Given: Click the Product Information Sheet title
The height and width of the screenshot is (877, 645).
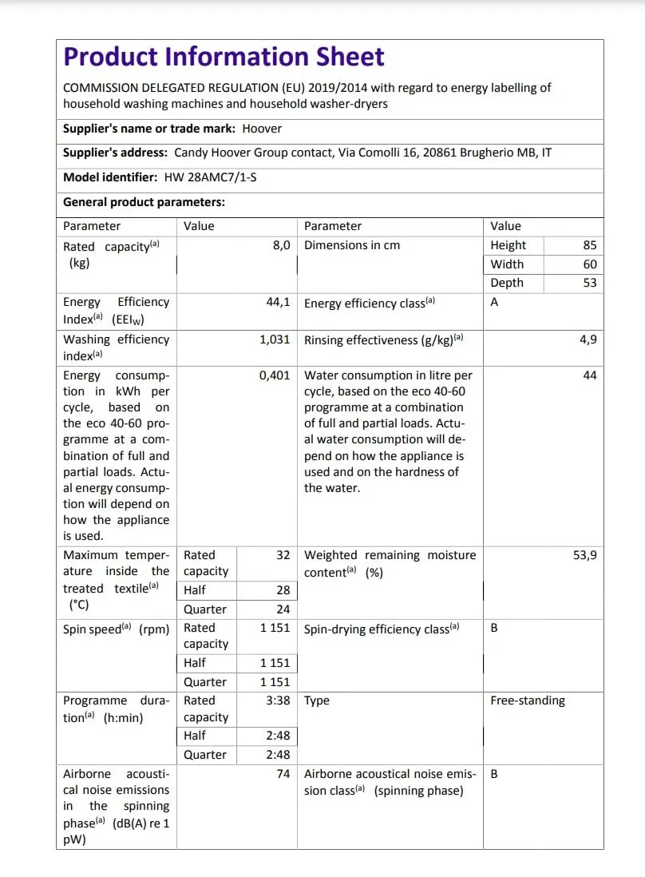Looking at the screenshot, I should pyautogui.click(x=224, y=57).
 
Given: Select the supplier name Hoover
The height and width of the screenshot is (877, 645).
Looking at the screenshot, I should pyautogui.click(x=262, y=128).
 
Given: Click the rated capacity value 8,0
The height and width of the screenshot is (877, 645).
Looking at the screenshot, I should pyautogui.click(x=281, y=245).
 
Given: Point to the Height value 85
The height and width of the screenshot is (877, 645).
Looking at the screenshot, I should pyautogui.click(x=589, y=245).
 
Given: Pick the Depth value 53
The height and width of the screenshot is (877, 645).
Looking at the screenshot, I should pyautogui.click(x=589, y=283).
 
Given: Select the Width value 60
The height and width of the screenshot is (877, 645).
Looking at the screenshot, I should pyautogui.click(x=589, y=264).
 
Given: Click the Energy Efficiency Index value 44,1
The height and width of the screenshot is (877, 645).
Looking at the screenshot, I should pyautogui.click(x=278, y=303).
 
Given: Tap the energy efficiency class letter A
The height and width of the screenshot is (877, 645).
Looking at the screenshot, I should pyautogui.click(x=494, y=303).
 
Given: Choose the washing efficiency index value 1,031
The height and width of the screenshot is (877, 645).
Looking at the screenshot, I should pyautogui.click(x=275, y=339).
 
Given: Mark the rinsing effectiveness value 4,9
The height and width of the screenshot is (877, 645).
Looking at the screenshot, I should pyautogui.click(x=588, y=339).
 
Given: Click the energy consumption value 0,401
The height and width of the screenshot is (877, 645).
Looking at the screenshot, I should pyautogui.click(x=275, y=375).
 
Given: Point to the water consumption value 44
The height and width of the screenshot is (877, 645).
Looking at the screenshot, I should pyautogui.click(x=589, y=375).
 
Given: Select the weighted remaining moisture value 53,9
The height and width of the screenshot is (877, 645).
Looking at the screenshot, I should pyautogui.click(x=584, y=555).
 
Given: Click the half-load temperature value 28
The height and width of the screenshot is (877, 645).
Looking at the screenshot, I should pyautogui.click(x=283, y=590).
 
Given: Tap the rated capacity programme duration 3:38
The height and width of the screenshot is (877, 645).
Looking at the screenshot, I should pyautogui.click(x=278, y=700).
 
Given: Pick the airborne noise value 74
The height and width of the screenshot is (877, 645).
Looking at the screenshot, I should pyautogui.click(x=283, y=774).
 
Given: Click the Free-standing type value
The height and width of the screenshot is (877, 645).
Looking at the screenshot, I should pyautogui.click(x=527, y=700).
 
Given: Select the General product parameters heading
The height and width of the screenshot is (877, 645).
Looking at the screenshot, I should pyautogui.click(x=144, y=202).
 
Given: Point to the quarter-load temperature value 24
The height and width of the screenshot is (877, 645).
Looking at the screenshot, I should pyautogui.click(x=283, y=609).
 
